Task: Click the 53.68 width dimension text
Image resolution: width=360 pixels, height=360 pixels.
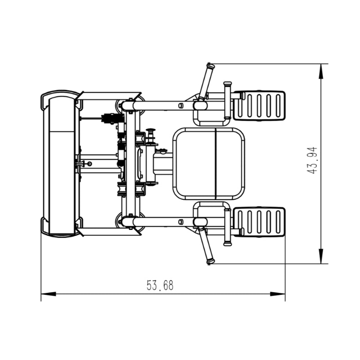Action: coord(160,285)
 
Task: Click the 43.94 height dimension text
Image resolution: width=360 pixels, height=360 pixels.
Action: coord(312,160)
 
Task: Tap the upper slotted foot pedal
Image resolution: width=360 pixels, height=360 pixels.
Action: coord(259,106)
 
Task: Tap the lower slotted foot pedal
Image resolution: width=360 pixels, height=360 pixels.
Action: coord(259,222)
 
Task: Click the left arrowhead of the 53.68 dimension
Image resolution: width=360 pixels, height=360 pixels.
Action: coord(49,294)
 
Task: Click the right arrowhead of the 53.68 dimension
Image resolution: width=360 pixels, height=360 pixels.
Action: coord(278,294)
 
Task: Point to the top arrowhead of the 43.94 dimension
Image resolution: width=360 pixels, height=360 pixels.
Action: coord(321,71)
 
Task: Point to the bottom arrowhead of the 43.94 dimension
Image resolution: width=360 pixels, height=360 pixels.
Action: coord(321,256)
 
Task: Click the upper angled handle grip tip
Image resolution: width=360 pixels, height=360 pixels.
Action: coord(211,66)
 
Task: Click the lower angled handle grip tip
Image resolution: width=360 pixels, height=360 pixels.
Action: coord(211,261)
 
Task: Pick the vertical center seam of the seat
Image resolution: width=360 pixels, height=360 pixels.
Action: coord(216,164)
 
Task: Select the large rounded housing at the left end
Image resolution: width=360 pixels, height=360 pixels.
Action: coord(60,164)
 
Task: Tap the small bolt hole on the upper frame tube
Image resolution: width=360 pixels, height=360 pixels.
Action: coord(181,106)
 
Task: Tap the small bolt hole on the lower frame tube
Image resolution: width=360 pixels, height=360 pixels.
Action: coord(181,221)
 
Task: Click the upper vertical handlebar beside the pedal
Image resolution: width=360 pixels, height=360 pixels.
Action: coord(228,100)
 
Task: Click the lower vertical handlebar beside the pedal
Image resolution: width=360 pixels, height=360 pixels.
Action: coord(228,227)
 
